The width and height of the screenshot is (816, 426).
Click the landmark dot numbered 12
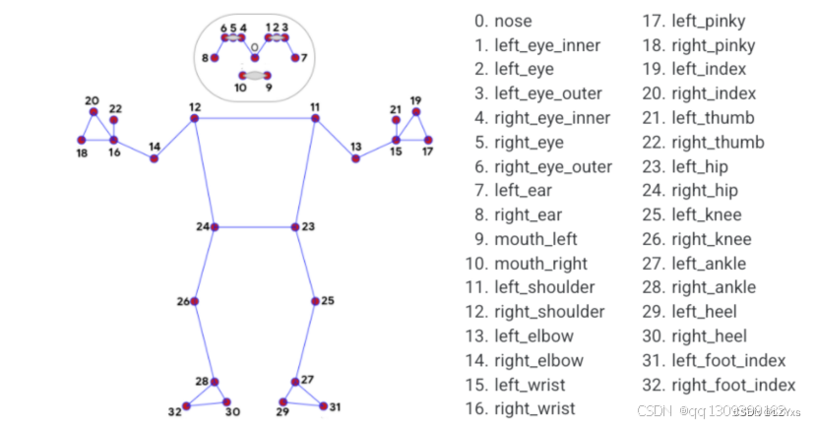click(195, 119)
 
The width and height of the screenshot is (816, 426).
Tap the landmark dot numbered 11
click(316, 119)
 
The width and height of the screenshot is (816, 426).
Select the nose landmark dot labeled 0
click(255, 58)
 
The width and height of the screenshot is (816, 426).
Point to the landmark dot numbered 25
click(314, 301)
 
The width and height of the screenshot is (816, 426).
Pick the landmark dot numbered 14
click(155, 158)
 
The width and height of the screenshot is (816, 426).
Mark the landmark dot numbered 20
click(94, 112)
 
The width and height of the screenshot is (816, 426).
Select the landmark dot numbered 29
click(283, 401)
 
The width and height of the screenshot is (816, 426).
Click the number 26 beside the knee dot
click(182, 301)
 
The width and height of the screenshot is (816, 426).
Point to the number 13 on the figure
click(355, 146)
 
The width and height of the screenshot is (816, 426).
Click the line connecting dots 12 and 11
click(256, 119)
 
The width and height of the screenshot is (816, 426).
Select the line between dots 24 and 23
click(254, 227)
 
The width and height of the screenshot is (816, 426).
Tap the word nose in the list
click(513, 21)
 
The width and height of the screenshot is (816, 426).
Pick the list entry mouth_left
click(535, 239)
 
